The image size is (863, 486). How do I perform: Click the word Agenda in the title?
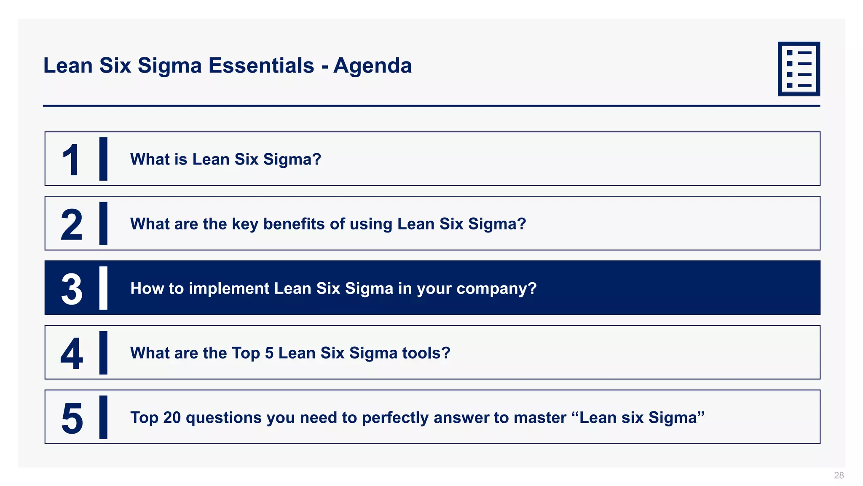click(x=373, y=66)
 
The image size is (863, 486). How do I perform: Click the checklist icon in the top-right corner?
click(x=799, y=69)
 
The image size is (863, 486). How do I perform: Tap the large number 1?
click(x=71, y=160)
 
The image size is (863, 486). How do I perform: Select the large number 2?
click(x=71, y=225)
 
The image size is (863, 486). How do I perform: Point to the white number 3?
click(x=72, y=289)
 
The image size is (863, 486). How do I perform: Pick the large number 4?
click(x=72, y=354)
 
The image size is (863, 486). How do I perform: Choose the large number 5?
click(x=72, y=418)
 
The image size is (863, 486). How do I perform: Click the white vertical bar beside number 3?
click(x=103, y=288)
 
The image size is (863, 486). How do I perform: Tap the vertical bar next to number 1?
click(x=103, y=159)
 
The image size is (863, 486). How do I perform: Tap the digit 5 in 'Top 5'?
click(x=269, y=353)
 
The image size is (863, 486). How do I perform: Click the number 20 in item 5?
click(x=172, y=418)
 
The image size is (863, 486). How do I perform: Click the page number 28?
click(x=839, y=475)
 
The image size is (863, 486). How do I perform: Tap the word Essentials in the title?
click(x=261, y=66)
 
